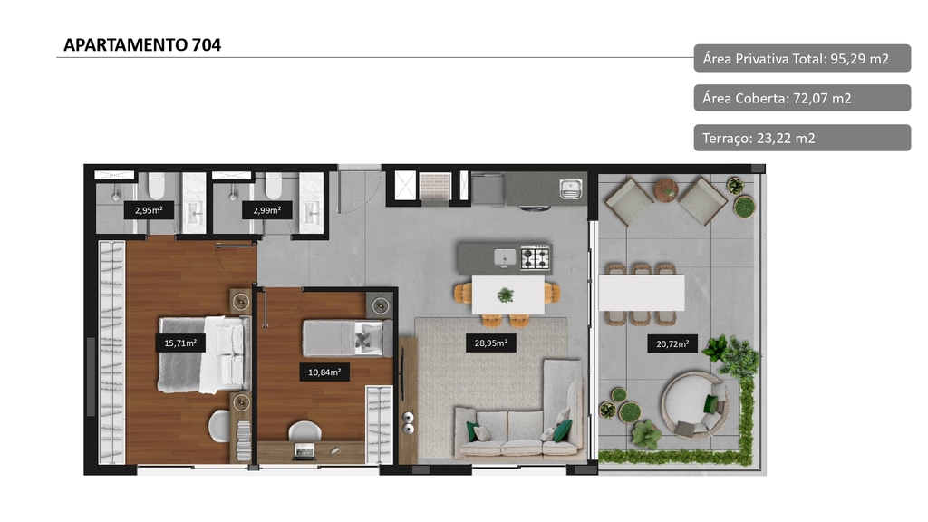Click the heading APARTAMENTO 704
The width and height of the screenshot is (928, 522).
(x=142, y=45)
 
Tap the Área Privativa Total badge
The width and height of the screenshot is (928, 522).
(x=802, y=59)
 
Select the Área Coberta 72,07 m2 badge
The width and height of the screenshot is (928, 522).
(x=802, y=98)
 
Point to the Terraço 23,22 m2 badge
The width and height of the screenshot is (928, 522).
(x=802, y=138)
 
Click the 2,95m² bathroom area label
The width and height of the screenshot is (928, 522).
(x=149, y=210)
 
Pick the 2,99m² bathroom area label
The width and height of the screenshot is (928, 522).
(x=267, y=210)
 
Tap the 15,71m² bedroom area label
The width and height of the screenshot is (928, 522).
(x=180, y=343)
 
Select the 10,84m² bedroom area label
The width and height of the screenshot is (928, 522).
(x=324, y=372)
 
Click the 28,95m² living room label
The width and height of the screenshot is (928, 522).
(x=490, y=343)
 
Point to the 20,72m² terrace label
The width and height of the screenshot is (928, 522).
(x=672, y=343)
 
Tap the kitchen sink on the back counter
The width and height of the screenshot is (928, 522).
(x=571, y=188)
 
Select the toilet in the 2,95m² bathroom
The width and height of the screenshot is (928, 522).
(x=156, y=186)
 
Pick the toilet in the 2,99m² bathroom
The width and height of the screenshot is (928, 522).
(x=274, y=186)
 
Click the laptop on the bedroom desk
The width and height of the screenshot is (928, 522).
(x=304, y=452)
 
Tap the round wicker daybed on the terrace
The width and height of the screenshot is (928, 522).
(x=696, y=406)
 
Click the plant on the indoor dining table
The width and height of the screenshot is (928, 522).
(x=506, y=295)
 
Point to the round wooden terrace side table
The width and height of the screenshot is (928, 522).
(x=666, y=190)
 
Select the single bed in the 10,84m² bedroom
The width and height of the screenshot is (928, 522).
(x=348, y=339)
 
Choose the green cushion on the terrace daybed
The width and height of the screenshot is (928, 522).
(x=710, y=404)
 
